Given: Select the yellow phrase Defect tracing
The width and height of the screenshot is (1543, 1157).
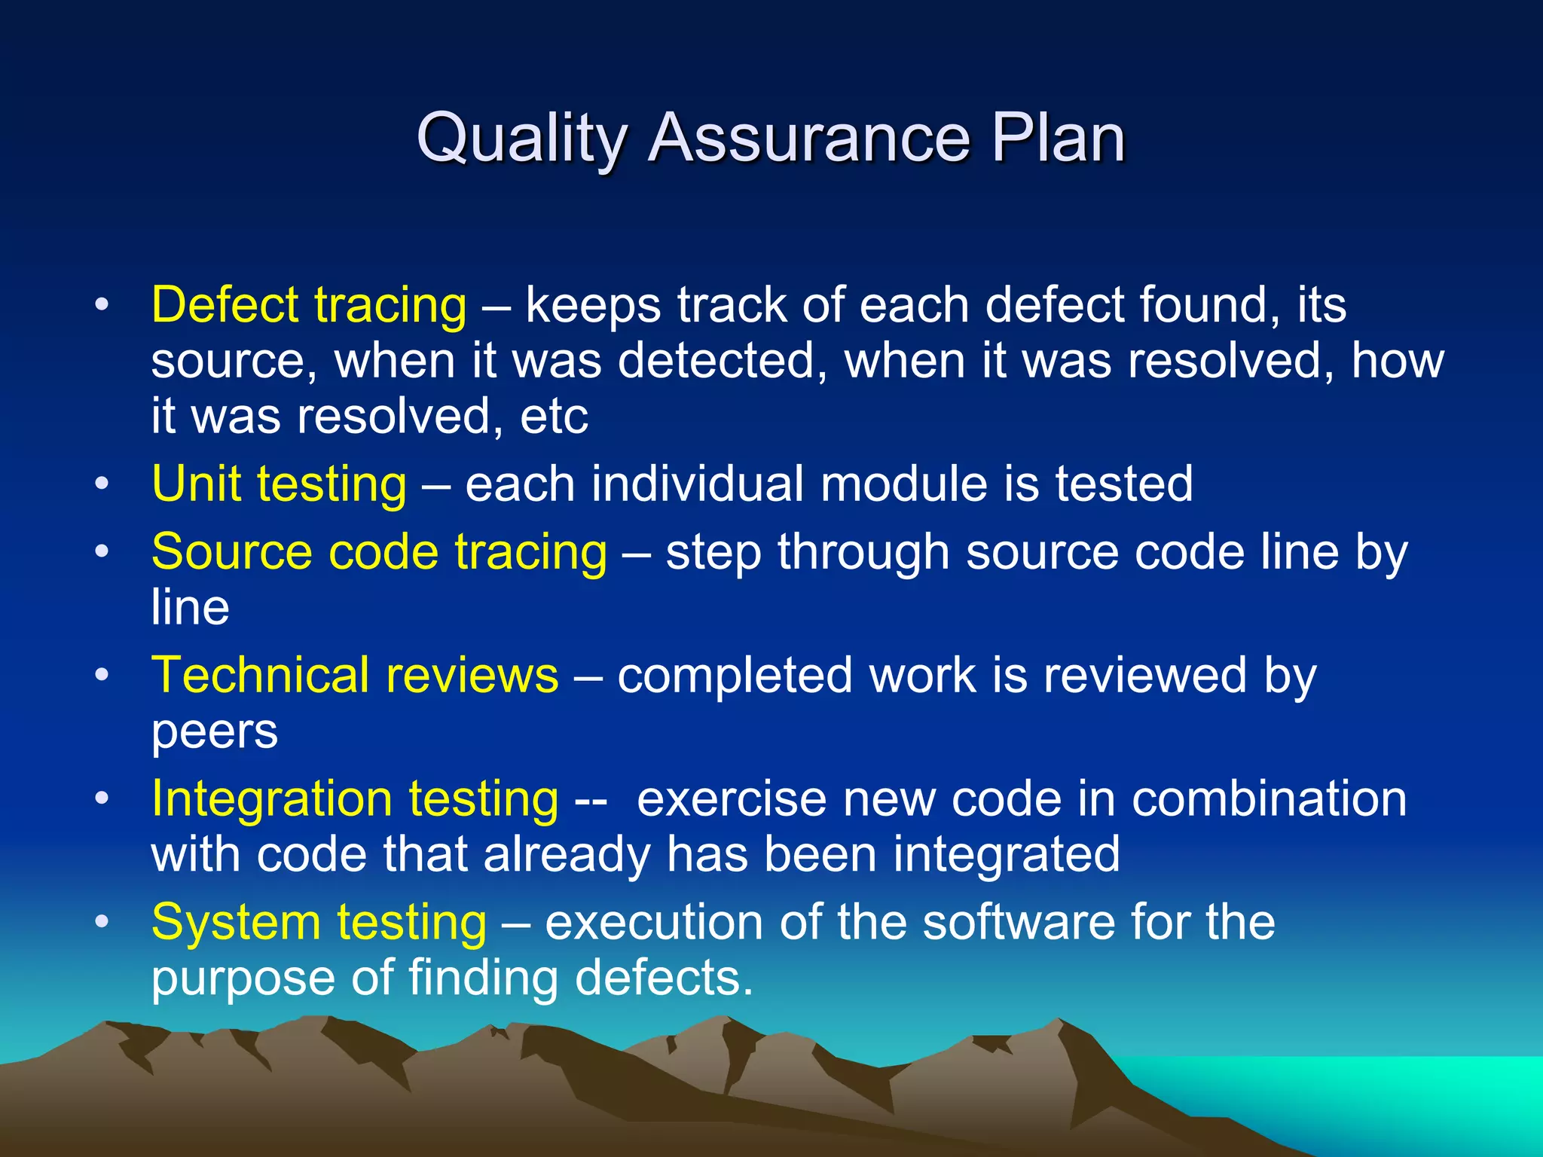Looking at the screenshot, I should (x=309, y=306).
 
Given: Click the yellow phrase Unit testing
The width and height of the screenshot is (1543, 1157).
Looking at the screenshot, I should (x=279, y=484).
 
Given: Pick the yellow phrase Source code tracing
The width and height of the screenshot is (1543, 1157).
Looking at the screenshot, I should (x=379, y=552).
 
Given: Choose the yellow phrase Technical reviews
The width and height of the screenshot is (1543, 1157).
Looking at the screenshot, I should (x=355, y=676).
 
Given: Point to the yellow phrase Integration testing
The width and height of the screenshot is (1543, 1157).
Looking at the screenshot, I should (x=355, y=799).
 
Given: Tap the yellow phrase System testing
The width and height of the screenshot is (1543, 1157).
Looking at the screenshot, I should (x=319, y=923).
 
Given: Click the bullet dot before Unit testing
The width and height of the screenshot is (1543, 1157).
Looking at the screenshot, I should (x=102, y=484).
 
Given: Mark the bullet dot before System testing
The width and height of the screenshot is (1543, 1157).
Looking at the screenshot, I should (x=102, y=922).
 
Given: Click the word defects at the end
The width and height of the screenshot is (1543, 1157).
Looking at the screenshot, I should (x=664, y=978).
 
